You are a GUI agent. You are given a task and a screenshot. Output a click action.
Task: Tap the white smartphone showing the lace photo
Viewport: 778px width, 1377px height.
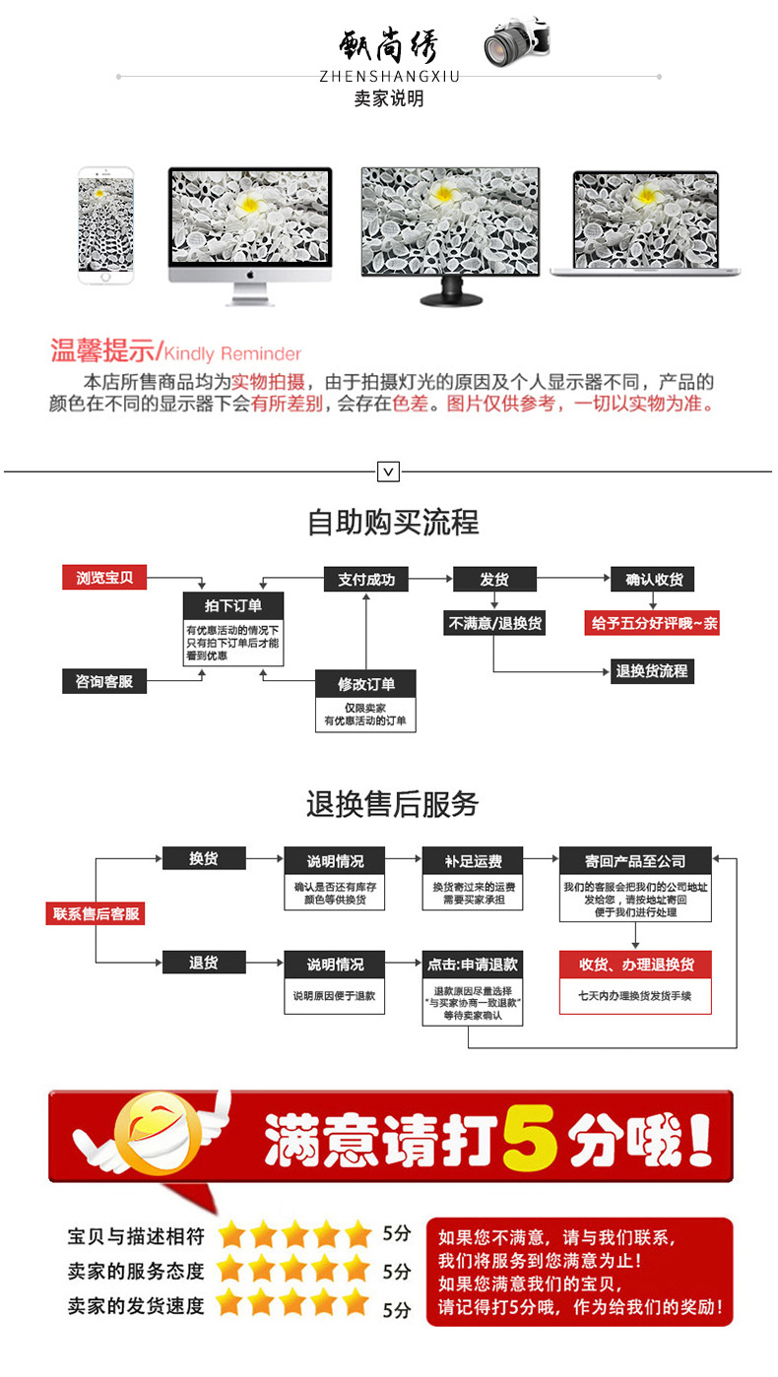tap(105, 226)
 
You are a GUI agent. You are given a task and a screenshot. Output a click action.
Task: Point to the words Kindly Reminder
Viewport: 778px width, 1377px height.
tap(232, 353)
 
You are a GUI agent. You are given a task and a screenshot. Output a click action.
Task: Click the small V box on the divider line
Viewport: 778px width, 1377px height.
tap(389, 472)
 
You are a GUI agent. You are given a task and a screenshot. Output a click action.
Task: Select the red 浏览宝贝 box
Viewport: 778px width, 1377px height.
tap(104, 578)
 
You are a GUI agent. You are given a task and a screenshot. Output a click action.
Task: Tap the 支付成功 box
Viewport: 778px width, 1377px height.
tap(365, 579)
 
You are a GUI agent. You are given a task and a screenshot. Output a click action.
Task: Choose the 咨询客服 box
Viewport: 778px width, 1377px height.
tap(104, 680)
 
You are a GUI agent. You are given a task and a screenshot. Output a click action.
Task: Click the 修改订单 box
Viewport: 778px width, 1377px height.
tap(365, 684)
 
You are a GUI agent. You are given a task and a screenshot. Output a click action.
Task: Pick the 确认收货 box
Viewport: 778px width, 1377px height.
tap(653, 579)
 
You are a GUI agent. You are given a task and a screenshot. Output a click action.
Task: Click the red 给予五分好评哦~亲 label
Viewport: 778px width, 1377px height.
tap(653, 623)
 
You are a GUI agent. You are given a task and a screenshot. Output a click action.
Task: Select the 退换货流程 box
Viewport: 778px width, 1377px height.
tap(651, 671)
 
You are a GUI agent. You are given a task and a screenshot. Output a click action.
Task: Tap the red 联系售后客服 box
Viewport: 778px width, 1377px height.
tap(96, 913)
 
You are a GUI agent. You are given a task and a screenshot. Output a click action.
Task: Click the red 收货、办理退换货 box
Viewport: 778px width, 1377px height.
tap(634, 964)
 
